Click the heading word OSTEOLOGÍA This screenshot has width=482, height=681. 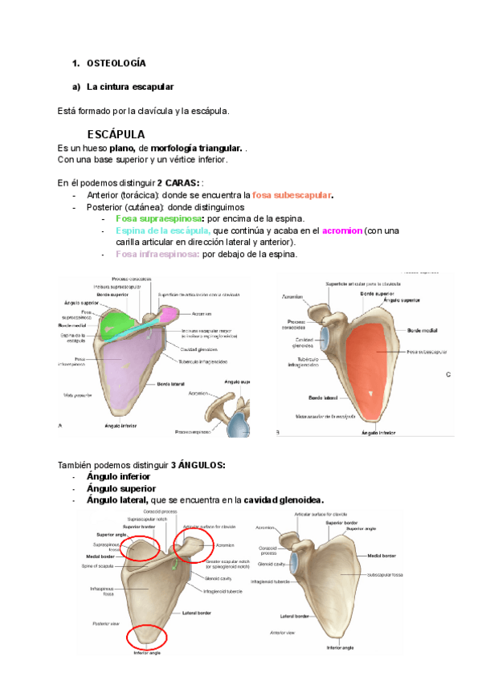tap(116, 63)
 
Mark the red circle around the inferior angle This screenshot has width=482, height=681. tap(146, 638)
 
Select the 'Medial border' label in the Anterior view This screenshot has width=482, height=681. tap(382, 556)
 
